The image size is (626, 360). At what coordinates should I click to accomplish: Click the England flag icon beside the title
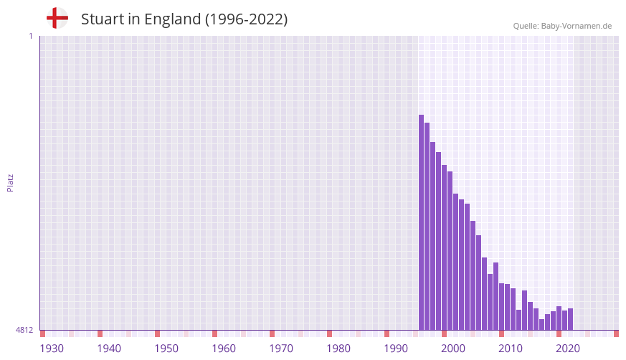tap(57, 19)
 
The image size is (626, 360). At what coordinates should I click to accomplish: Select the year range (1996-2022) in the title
tap(247, 19)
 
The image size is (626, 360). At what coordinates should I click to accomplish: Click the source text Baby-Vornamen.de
tap(577, 26)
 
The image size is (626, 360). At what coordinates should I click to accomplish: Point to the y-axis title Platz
tap(10, 182)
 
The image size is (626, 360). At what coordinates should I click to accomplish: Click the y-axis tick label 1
tap(30, 36)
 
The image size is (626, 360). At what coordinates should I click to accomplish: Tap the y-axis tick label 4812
tap(25, 330)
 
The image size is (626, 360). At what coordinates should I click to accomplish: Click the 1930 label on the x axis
tap(52, 349)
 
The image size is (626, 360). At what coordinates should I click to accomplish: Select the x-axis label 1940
tap(109, 349)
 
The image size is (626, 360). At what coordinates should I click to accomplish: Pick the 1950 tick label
tap(166, 349)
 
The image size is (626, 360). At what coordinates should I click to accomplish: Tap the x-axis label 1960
tap(224, 349)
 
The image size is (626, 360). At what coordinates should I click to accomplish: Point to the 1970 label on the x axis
tap(281, 349)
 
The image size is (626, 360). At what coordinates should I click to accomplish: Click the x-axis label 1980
tap(338, 349)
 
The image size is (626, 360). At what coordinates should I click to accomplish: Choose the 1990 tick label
tap(396, 349)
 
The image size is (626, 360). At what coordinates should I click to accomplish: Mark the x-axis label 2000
tap(453, 349)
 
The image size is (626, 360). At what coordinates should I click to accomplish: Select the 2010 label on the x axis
tap(511, 349)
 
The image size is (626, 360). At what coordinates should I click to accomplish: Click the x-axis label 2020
tap(568, 349)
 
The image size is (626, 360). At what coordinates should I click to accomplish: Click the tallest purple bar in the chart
tap(422, 222)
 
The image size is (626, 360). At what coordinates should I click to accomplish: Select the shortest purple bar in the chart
tap(542, 325)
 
